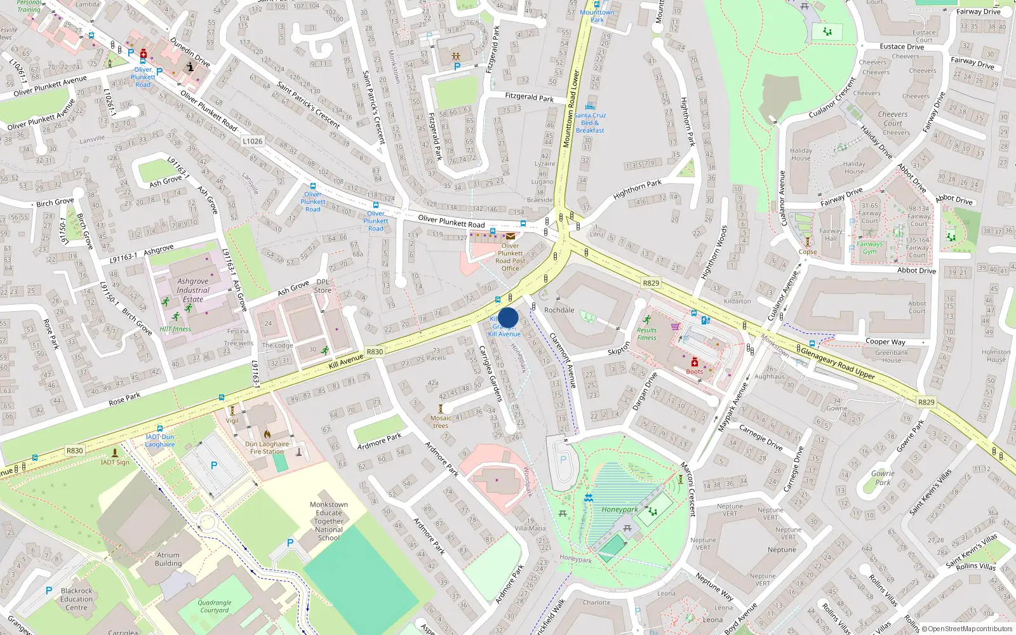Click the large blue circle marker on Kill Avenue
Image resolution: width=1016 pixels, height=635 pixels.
(x=508, y=318)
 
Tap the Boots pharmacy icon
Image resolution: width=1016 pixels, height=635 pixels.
(x=695, y=363)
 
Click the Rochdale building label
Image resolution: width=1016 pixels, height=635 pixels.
(x=559, y=310)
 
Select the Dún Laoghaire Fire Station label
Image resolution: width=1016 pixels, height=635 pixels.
(x=267, y=448)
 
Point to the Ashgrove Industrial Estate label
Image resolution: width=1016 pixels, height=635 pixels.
(x=193, y=290)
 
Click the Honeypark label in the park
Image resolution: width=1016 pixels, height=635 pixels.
(x=620, y=509)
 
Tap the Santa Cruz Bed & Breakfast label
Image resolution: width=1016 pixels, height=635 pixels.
(x=591, y=123)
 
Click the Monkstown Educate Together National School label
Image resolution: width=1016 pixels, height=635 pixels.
(x=328, y=521)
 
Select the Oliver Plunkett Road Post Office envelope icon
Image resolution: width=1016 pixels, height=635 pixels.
(x=511, y=236)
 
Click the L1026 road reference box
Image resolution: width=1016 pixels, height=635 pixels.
(x=252, y=141)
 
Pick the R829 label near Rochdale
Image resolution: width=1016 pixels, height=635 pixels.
(x=651, y=283)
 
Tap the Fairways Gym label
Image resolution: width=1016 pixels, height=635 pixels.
(x=869, y=248)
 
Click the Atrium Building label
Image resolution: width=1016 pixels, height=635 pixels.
(x=168, y=559)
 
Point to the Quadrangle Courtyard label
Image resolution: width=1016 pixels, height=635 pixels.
(x=215, y=606)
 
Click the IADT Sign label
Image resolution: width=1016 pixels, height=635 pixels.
(x=115, y=462)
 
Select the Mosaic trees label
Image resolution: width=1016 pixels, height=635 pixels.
(x=441, y=422)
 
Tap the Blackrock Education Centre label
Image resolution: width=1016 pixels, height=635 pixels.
(x=76, y=599)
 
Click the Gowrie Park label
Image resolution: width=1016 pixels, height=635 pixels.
(x=883, y=478)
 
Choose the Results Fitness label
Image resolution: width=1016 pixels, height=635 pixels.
(x=646, y=333)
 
